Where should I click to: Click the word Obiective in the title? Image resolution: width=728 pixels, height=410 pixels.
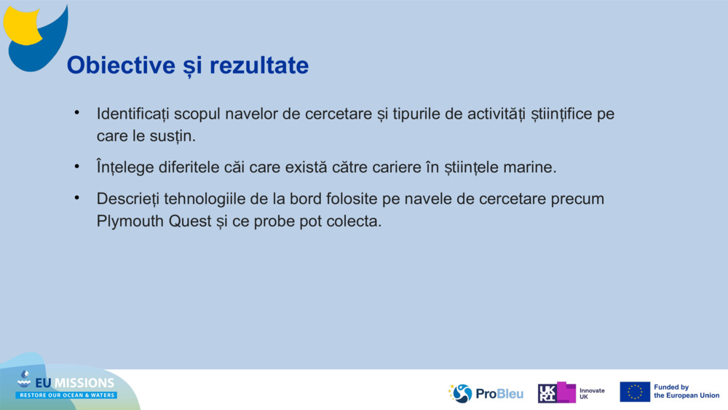point(116,66)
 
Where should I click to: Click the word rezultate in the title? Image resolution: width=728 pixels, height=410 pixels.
point(258,66)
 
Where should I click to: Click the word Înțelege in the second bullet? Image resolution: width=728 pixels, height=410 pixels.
point(125,167)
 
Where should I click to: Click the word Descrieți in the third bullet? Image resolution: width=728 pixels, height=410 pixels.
point(128,199)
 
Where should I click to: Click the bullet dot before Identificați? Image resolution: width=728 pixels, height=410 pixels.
point(76,113)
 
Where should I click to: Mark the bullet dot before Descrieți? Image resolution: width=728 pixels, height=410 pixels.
point(76,197)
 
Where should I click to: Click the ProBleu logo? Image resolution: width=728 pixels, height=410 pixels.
point(486,393)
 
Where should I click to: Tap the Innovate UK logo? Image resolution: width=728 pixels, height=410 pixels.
point(571,393)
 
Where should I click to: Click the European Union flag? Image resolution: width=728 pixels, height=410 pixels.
point(635,392)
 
